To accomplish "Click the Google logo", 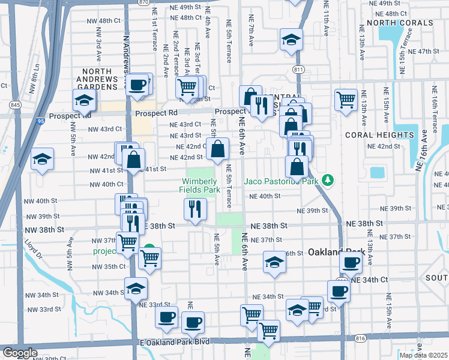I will pos(19,353).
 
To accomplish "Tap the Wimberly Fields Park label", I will pos(199,185).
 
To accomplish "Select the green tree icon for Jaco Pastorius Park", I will pos(327,179).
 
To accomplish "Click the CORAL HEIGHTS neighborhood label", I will pos(379,135).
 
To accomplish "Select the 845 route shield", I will pos(16,105).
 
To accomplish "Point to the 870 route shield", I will pos(142,2).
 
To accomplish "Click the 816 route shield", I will pos(360,338).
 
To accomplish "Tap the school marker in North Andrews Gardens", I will pos(84,100).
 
